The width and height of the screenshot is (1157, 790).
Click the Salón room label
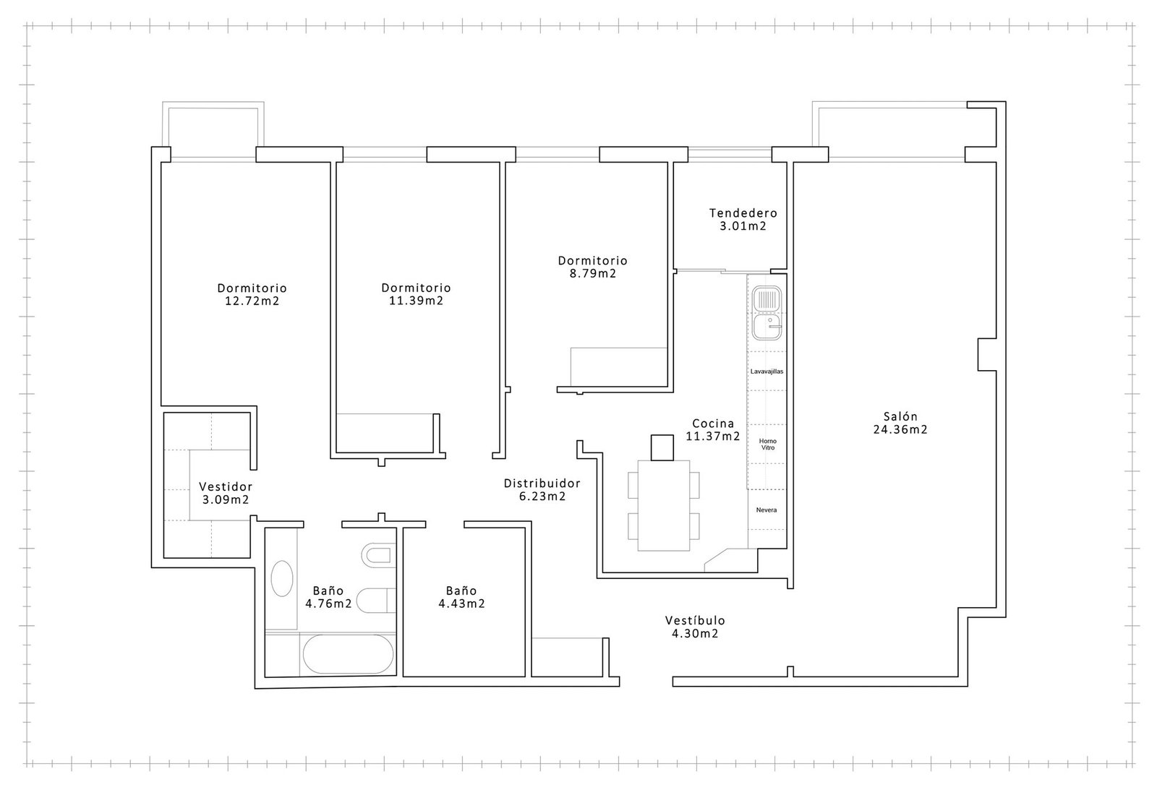(x=900, y=416)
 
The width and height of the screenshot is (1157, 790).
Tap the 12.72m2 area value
(x=252, y=301)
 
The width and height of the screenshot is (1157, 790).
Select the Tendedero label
(x=743, y=212)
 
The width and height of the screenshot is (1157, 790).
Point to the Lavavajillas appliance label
(x=767, y=372)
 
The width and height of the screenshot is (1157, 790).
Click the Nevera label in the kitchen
(x=767, y=510)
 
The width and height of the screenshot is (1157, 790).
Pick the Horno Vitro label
(x=767, y=445)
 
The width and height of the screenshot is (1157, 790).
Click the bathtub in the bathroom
(x=348, y=653)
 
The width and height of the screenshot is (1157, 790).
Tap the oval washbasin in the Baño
(x=282, y=578)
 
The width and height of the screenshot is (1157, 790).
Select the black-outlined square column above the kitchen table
(x=662, y=447)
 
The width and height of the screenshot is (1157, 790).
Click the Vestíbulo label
(x=695, y=620)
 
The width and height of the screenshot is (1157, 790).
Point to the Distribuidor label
(x=542, y=484)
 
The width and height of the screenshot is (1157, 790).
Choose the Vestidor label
(x=226, y=486)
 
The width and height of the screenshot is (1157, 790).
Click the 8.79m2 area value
(x=593, y=274)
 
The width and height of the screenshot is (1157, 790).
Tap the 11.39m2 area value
(x=417, y=301)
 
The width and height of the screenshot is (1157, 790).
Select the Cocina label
(x=713, y=424)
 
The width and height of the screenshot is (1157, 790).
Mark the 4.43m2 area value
(x=462, y=604)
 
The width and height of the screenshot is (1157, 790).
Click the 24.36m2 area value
(x=900, y=429)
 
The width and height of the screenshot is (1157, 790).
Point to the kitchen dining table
(x=664, y=505)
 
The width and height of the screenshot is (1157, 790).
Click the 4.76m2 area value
(x=328, y=604)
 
